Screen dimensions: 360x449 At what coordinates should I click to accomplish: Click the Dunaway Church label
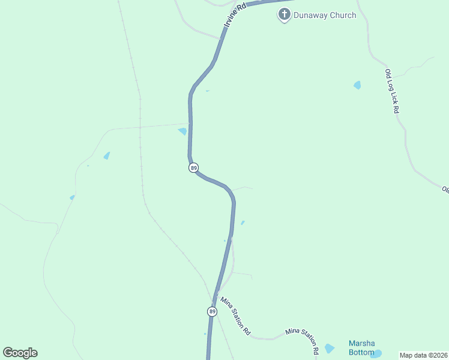[325, 15]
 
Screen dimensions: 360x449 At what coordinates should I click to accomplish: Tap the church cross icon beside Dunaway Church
[285, 14]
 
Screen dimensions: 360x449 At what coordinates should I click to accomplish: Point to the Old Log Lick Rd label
[392, 91]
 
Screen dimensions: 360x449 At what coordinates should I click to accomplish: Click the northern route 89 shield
[193, 168]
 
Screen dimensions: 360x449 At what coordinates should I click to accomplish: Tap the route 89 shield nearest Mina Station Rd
[212, 311]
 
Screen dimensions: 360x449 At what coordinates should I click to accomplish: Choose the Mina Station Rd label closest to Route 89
[235, 316]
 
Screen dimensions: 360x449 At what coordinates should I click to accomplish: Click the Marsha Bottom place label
[361, 348]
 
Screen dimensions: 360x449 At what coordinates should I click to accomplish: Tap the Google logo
[20, 353]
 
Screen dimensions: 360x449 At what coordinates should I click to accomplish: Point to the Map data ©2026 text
[423, 355]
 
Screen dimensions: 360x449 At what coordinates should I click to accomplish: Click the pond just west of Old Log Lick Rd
[358, 85]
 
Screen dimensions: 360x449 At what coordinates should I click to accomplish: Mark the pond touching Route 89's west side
[182, 131]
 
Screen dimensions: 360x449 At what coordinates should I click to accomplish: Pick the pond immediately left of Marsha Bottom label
[329, 348]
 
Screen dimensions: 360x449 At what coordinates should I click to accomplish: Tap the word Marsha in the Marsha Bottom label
[361, 344]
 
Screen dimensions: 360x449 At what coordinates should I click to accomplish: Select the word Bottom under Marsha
[361, 352]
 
